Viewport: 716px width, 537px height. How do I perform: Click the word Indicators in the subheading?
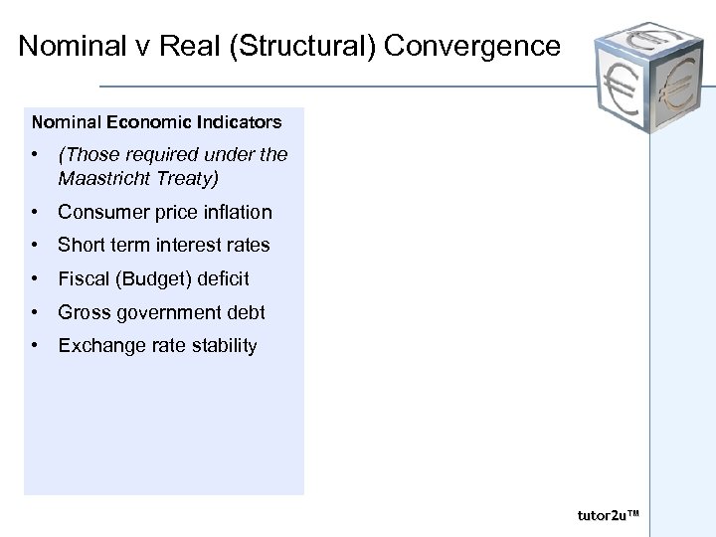point(238,123)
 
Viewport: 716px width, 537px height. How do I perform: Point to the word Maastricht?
point(103,179)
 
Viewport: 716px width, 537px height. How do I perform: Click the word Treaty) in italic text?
point(191,179)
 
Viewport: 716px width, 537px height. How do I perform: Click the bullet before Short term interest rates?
point(36,245)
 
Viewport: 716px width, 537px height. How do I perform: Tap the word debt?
point(245,312)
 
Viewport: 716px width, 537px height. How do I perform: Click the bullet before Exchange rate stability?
point(36,346)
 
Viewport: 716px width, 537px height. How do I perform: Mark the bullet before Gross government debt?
point(36,312)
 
